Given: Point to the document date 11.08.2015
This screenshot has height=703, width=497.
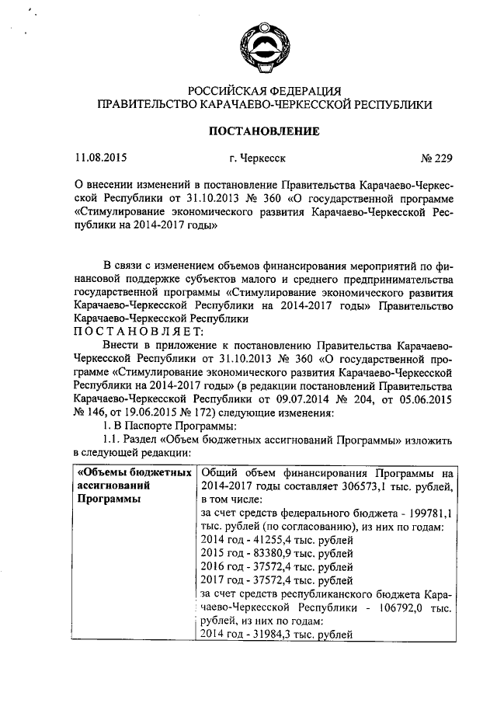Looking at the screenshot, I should tap(101, 159).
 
